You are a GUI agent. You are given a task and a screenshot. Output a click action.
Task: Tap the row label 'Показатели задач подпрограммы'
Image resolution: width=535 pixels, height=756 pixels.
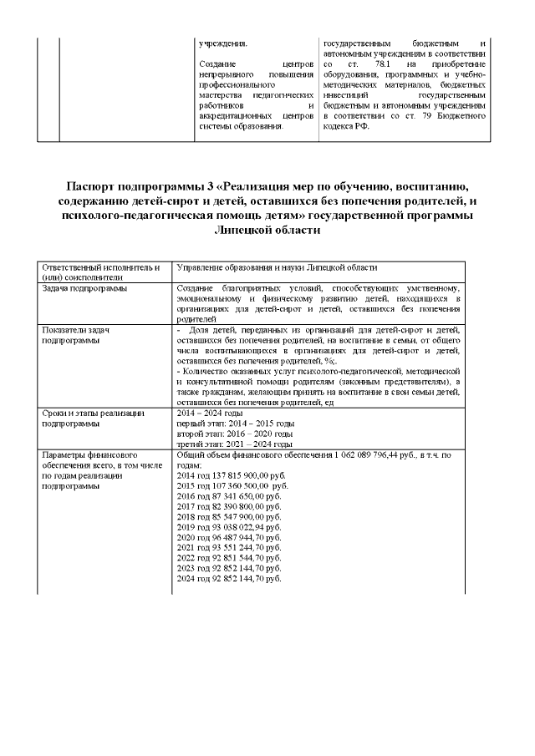tap(77, 335)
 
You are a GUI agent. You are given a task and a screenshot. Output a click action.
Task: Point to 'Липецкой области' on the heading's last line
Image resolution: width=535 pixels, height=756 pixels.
tap(267, 230)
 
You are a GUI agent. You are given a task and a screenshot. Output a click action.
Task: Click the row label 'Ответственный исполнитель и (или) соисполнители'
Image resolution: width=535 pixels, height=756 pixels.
tap(100, 271)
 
